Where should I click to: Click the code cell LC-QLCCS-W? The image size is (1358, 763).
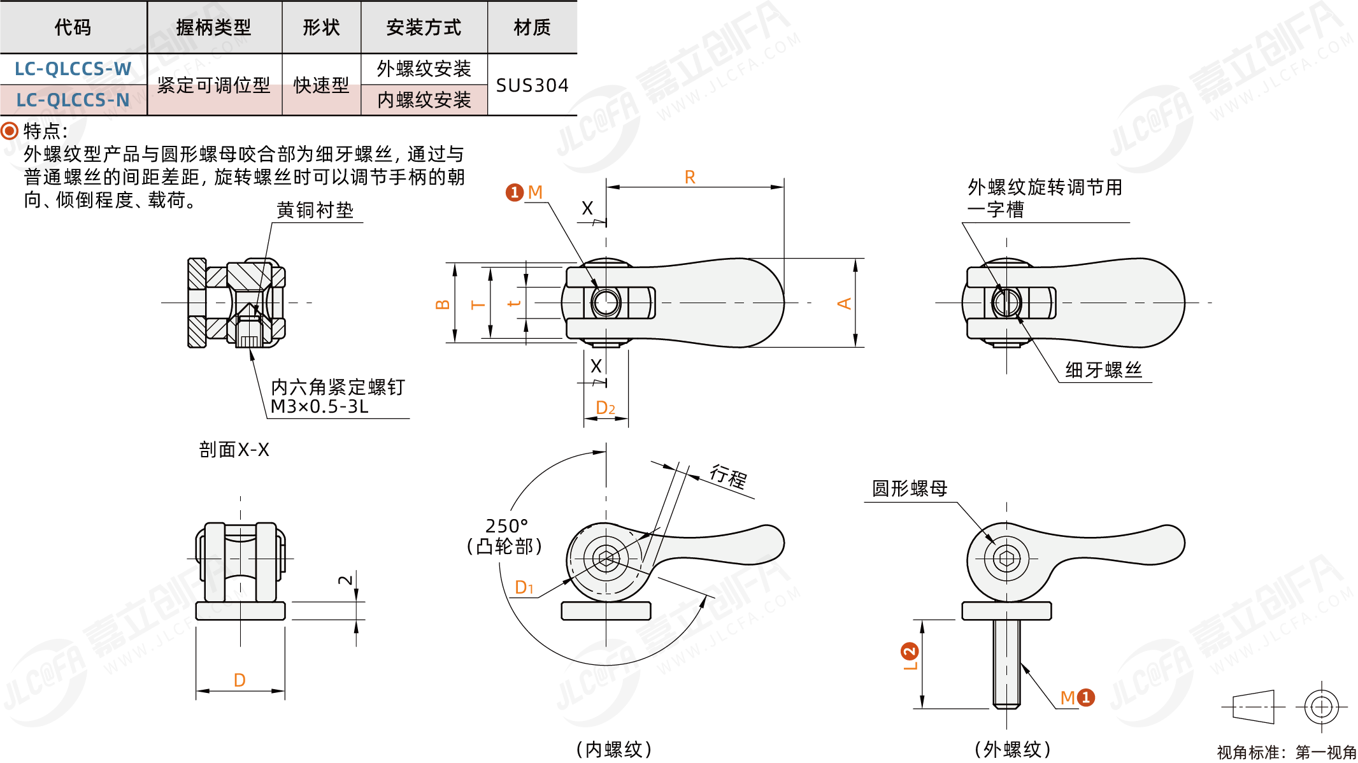(73, 69)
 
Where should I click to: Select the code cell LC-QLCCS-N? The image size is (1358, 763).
(73, 100)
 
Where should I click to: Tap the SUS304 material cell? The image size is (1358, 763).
(532, 85)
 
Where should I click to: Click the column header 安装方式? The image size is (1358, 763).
(424, 27)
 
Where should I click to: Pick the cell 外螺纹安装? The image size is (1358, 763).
(424, 69)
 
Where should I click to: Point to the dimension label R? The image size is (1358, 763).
(690, 178)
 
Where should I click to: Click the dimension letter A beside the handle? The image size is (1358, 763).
(844, 303)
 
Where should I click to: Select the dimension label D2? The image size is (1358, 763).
(605, 408)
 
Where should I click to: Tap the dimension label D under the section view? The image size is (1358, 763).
(239, 680)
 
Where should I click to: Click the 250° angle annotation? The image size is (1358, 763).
(506, 526)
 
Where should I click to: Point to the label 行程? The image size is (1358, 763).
(729, 476)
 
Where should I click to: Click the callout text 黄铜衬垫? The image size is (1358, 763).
(315, 210)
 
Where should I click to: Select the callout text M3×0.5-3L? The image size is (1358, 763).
(320, 407)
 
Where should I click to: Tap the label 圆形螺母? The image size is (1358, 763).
(910, 488)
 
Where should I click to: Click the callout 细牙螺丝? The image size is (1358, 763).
(1104, 370)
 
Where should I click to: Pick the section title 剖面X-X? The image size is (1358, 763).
(234, 450)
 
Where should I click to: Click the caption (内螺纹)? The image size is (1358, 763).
(614, 749)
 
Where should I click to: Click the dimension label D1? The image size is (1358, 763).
(524, 587)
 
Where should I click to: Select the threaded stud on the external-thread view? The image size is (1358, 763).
(1006, 662)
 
